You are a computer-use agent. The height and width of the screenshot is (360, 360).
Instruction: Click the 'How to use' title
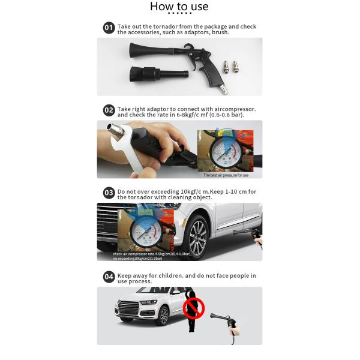pos(179,7)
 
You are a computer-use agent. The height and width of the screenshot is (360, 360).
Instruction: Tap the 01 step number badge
pos(109,28)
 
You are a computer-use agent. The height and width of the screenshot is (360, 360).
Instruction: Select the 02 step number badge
pos(109,110)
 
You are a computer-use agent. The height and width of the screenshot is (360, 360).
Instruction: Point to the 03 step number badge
pos(109,193)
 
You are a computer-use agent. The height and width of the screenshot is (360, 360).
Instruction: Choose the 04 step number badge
pos(109,277)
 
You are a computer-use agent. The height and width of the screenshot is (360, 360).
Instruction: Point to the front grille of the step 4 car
pos(128,308)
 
